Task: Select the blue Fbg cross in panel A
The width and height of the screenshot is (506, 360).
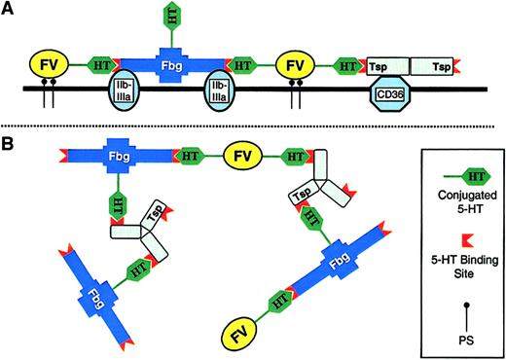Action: click(170, 64)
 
